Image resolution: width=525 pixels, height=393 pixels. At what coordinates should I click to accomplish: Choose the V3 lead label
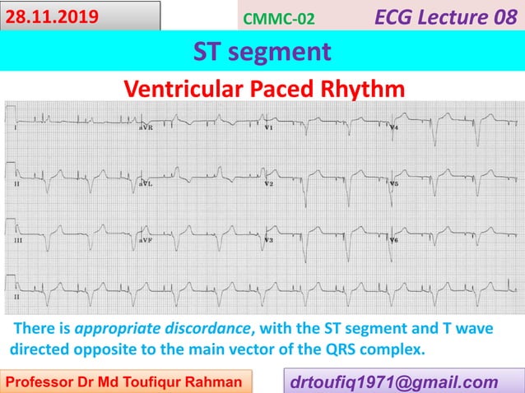(269, 240)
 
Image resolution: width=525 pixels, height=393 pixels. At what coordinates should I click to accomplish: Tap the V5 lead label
(394, 184)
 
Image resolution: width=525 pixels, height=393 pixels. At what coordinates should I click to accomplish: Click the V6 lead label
(394, 240)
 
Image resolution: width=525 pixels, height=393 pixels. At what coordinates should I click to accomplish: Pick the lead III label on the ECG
(17, 240)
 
